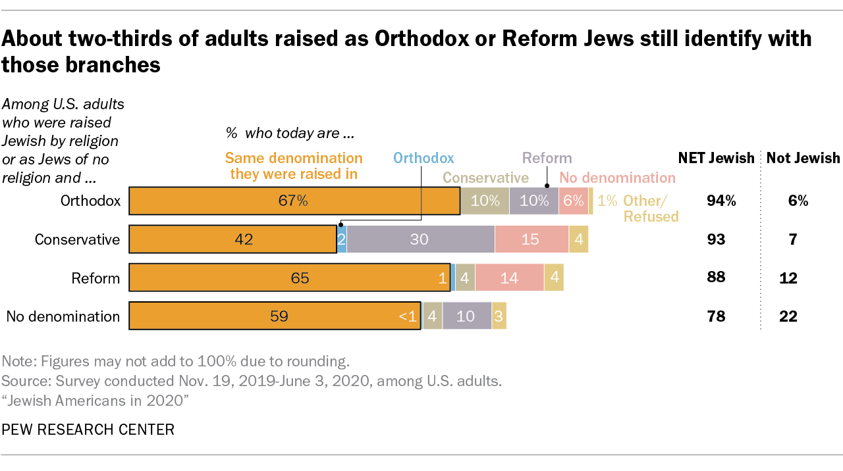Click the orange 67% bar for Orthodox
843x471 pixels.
(x=294, y=201)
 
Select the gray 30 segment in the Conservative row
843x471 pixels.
(x=420, y=239)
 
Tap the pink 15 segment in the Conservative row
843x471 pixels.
(x=531, y=239)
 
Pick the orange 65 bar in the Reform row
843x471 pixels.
(x=290, y=278)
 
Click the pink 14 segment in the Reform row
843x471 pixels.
(x=509, y=278)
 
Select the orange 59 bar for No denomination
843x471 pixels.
(x=275, y=316)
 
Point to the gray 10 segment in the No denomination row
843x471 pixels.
(x=466, y=316)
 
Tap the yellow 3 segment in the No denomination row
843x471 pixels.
(x=499, y=316)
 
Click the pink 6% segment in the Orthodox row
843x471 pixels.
(x=573, y=201)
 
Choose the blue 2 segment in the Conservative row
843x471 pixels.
(x=342, y=239)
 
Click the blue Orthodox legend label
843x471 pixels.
(x=423, y=158)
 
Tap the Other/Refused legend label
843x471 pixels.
(x=651, y=208)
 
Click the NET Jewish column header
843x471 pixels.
(x=717, y=158)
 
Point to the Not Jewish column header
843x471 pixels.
(x=803, y=158)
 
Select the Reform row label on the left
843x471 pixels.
(x=95, y=278)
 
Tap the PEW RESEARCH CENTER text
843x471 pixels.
(x=88, y=430)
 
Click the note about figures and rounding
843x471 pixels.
(x=175, y=361)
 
